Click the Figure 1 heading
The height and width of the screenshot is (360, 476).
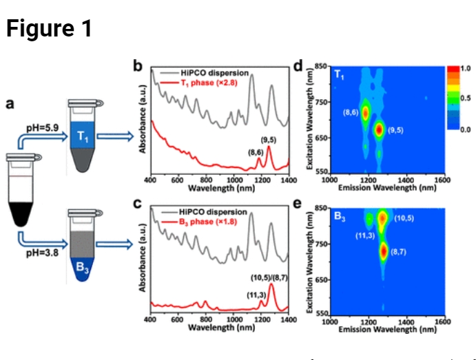49,28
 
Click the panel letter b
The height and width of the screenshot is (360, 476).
138,67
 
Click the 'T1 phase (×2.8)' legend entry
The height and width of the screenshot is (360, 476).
211,82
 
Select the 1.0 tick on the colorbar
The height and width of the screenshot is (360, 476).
465,69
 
